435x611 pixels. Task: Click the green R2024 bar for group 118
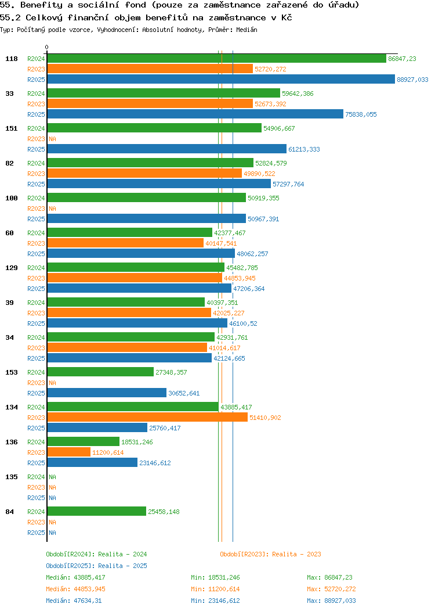coord(216,59)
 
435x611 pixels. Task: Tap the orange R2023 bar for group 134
coord(147,418)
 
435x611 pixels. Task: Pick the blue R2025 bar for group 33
coord(195,114)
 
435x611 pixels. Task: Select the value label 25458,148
coord(164,512)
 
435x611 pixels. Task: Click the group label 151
coord(11,128)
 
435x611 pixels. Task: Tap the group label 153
coord(11,372)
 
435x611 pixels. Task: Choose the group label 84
coord(9,512)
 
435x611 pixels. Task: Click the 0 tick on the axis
coord(47,48)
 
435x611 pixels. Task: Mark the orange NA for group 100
coord(52,209)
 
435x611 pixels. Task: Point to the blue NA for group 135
coord(52,498)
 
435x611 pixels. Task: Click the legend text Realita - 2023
coord(296,554)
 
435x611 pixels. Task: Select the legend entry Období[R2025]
coord(70,566)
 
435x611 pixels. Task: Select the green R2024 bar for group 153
coord(100,372)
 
